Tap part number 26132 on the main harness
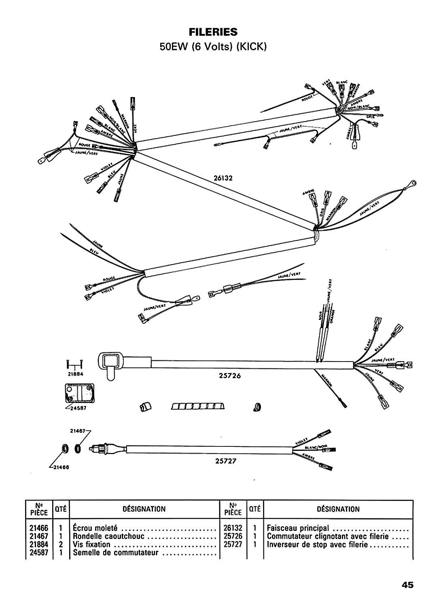pos(225,177)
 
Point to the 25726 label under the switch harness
pos(229,375)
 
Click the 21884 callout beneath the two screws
pos(75,374)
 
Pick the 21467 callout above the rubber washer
pos(78,431)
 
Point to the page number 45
pos(407,585)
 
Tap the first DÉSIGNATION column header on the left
pos(144,509)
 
